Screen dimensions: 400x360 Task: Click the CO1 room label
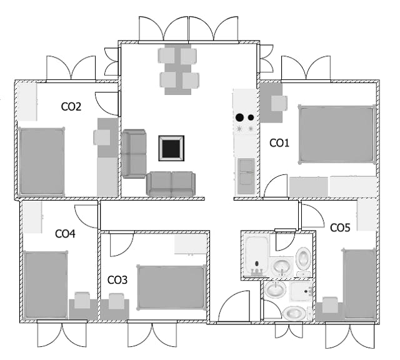(279, 143)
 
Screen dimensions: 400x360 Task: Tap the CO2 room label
(71, 106)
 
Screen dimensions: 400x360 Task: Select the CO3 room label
(117, 280)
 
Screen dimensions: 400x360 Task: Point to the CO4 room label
(65, 234)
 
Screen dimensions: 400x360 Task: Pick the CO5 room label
(340, 227)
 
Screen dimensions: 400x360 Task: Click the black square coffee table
(171, 148)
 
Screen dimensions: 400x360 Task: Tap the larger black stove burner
(239, 117)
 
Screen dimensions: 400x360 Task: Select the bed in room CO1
(337, 134)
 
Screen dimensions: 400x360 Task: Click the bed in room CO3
(171, 287)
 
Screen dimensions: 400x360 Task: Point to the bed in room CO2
(42, 161)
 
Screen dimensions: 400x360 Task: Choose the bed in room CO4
(46, 284)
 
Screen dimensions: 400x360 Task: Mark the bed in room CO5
(359, 284)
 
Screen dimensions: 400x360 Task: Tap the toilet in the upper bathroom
(304, 259)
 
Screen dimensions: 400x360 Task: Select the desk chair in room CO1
(279, 103)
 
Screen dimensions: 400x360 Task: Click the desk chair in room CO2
(102, 137)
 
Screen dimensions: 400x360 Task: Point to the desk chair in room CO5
(330, 305)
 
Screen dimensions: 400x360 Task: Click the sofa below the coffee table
(171, 184)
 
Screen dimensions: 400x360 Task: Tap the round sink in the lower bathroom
(275, 289)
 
